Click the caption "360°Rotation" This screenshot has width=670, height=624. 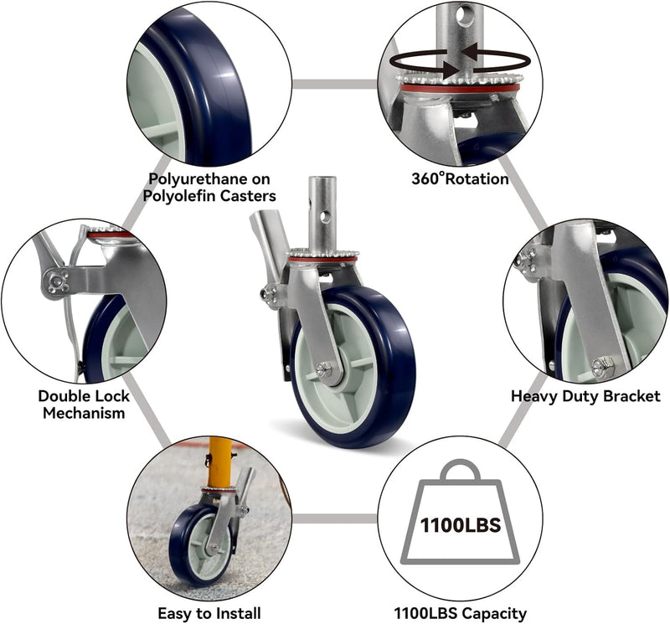(460, 178)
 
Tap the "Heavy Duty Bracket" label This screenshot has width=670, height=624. (585, 395)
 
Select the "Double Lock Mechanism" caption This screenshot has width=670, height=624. (82, 404)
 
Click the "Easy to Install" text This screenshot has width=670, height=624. (209, 613)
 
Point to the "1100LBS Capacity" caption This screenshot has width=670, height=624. (460, 613)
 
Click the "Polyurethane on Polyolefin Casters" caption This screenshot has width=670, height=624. (212, 187)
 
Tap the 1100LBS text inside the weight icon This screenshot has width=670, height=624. (460, 526)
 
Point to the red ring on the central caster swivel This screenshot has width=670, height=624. (322, 260)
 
